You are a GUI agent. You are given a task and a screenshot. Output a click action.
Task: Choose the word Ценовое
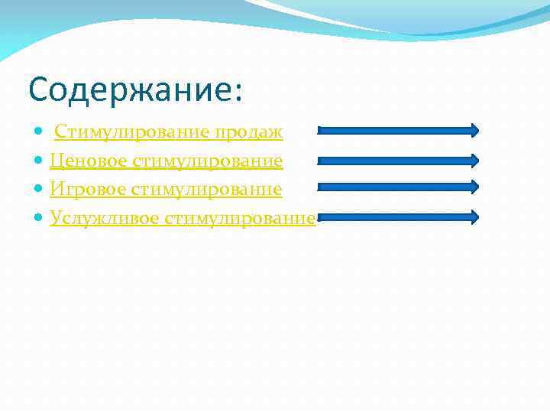(89, 161)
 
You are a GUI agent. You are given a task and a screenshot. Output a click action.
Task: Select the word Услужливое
(104, 218)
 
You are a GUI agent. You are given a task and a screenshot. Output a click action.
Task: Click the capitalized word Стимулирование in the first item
(133, 133)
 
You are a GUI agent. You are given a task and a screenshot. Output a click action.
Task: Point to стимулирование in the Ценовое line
(207, 161)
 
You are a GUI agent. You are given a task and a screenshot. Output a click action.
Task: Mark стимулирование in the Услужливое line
(239, 218)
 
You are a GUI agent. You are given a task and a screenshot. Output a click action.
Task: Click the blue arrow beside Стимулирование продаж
(397, 131)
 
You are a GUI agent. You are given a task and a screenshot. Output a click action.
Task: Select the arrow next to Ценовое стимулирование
(397, 161)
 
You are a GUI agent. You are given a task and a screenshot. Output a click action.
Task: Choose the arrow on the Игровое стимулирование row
(397, 186)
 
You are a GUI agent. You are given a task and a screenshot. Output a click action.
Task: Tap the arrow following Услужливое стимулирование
(397, 216)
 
